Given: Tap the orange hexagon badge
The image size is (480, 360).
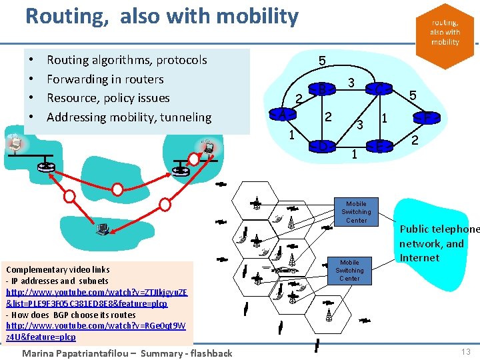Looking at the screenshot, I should [x=445, y=31].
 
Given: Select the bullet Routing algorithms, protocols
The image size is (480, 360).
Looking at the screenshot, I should [x=127, y=60].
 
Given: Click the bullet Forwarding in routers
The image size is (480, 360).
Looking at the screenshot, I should [x=105, y=79].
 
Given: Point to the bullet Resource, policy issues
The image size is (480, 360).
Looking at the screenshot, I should [x=108, y=98].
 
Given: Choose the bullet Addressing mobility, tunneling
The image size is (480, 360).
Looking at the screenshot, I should [x=129, y=117].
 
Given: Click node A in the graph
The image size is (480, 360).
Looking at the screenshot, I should [x=282, y=115].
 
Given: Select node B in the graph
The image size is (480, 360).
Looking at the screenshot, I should [x=322, y=88].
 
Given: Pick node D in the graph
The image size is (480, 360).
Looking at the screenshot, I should [x=322, y=145].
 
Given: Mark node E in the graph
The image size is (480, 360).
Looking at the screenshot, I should [x=379, y=145].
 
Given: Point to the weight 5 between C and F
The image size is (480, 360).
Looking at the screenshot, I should [x=413, y=96].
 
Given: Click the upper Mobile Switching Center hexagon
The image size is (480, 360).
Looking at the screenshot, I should [x=356, y=212].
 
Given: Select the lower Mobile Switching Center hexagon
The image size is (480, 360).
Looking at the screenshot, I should [x=349, y=270].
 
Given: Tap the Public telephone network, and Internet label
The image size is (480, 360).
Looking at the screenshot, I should [x=439, y=243].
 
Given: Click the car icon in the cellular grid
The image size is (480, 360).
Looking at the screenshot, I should [x=285, y=270].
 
